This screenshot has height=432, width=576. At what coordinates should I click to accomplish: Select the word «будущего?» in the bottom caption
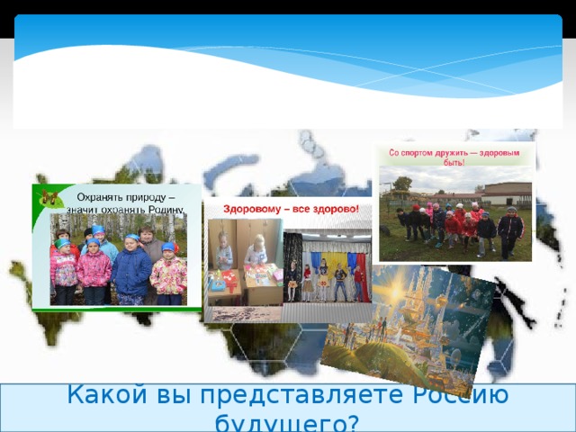point(287,421)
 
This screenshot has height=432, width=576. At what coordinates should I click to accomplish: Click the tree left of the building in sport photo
point(402,185)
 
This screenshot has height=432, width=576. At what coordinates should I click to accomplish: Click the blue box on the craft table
point(218,283)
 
